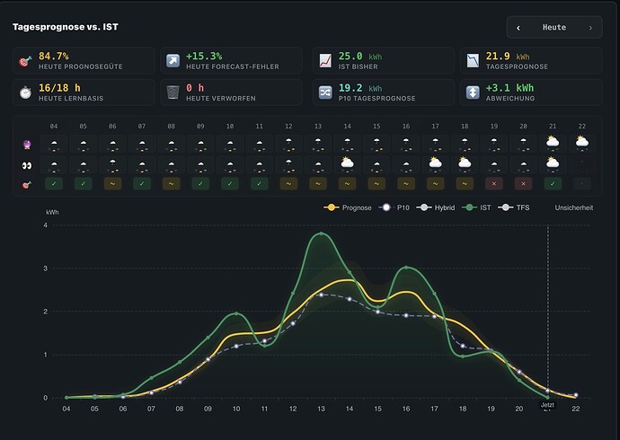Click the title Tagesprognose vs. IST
point(66,27)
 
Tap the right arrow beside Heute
point(590,28)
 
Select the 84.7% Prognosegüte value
point(54,56)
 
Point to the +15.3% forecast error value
point(204,56)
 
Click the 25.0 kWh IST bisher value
point(360,57)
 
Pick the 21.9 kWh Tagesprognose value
point(508,57)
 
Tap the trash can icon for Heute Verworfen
point(173,92)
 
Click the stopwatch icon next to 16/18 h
point(26,92)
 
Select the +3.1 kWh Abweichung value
point(509,88)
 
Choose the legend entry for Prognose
point(348,207)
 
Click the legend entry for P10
point(394,207)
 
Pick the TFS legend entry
point(514,207)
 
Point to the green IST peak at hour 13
point(321,233)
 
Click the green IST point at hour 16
point(406,268)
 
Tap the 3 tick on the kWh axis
point(46,268)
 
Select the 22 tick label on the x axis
point(576,409)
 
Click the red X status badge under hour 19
point(494,184)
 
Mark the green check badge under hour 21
point(553,184)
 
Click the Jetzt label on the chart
point(547,405)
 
